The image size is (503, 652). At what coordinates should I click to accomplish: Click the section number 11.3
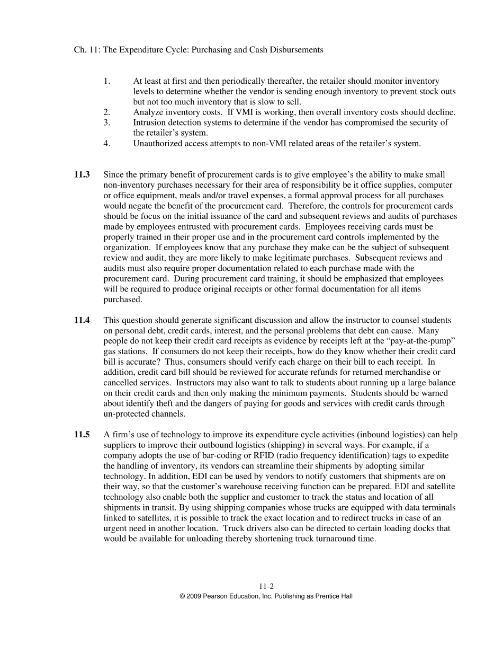pyautogui.click(x=82, y=174)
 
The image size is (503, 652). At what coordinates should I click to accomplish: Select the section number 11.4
pyautogui.click(x=82, y=320)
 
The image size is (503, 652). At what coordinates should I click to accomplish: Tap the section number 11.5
pyautogui.click(x=82, y=435)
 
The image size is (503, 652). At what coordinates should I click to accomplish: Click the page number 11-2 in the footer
pyautogui.click(x=266, y=586)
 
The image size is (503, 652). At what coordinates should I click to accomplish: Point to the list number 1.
pyautogui.click(x=106, y=81)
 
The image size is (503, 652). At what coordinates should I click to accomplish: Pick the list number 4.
pyautogui.click(x=106, y=143)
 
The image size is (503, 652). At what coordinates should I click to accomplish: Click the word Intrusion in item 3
pyautogui.click(x=150, y=122)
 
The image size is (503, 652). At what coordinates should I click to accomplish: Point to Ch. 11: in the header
pyautogui.click(x=86, y=50)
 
